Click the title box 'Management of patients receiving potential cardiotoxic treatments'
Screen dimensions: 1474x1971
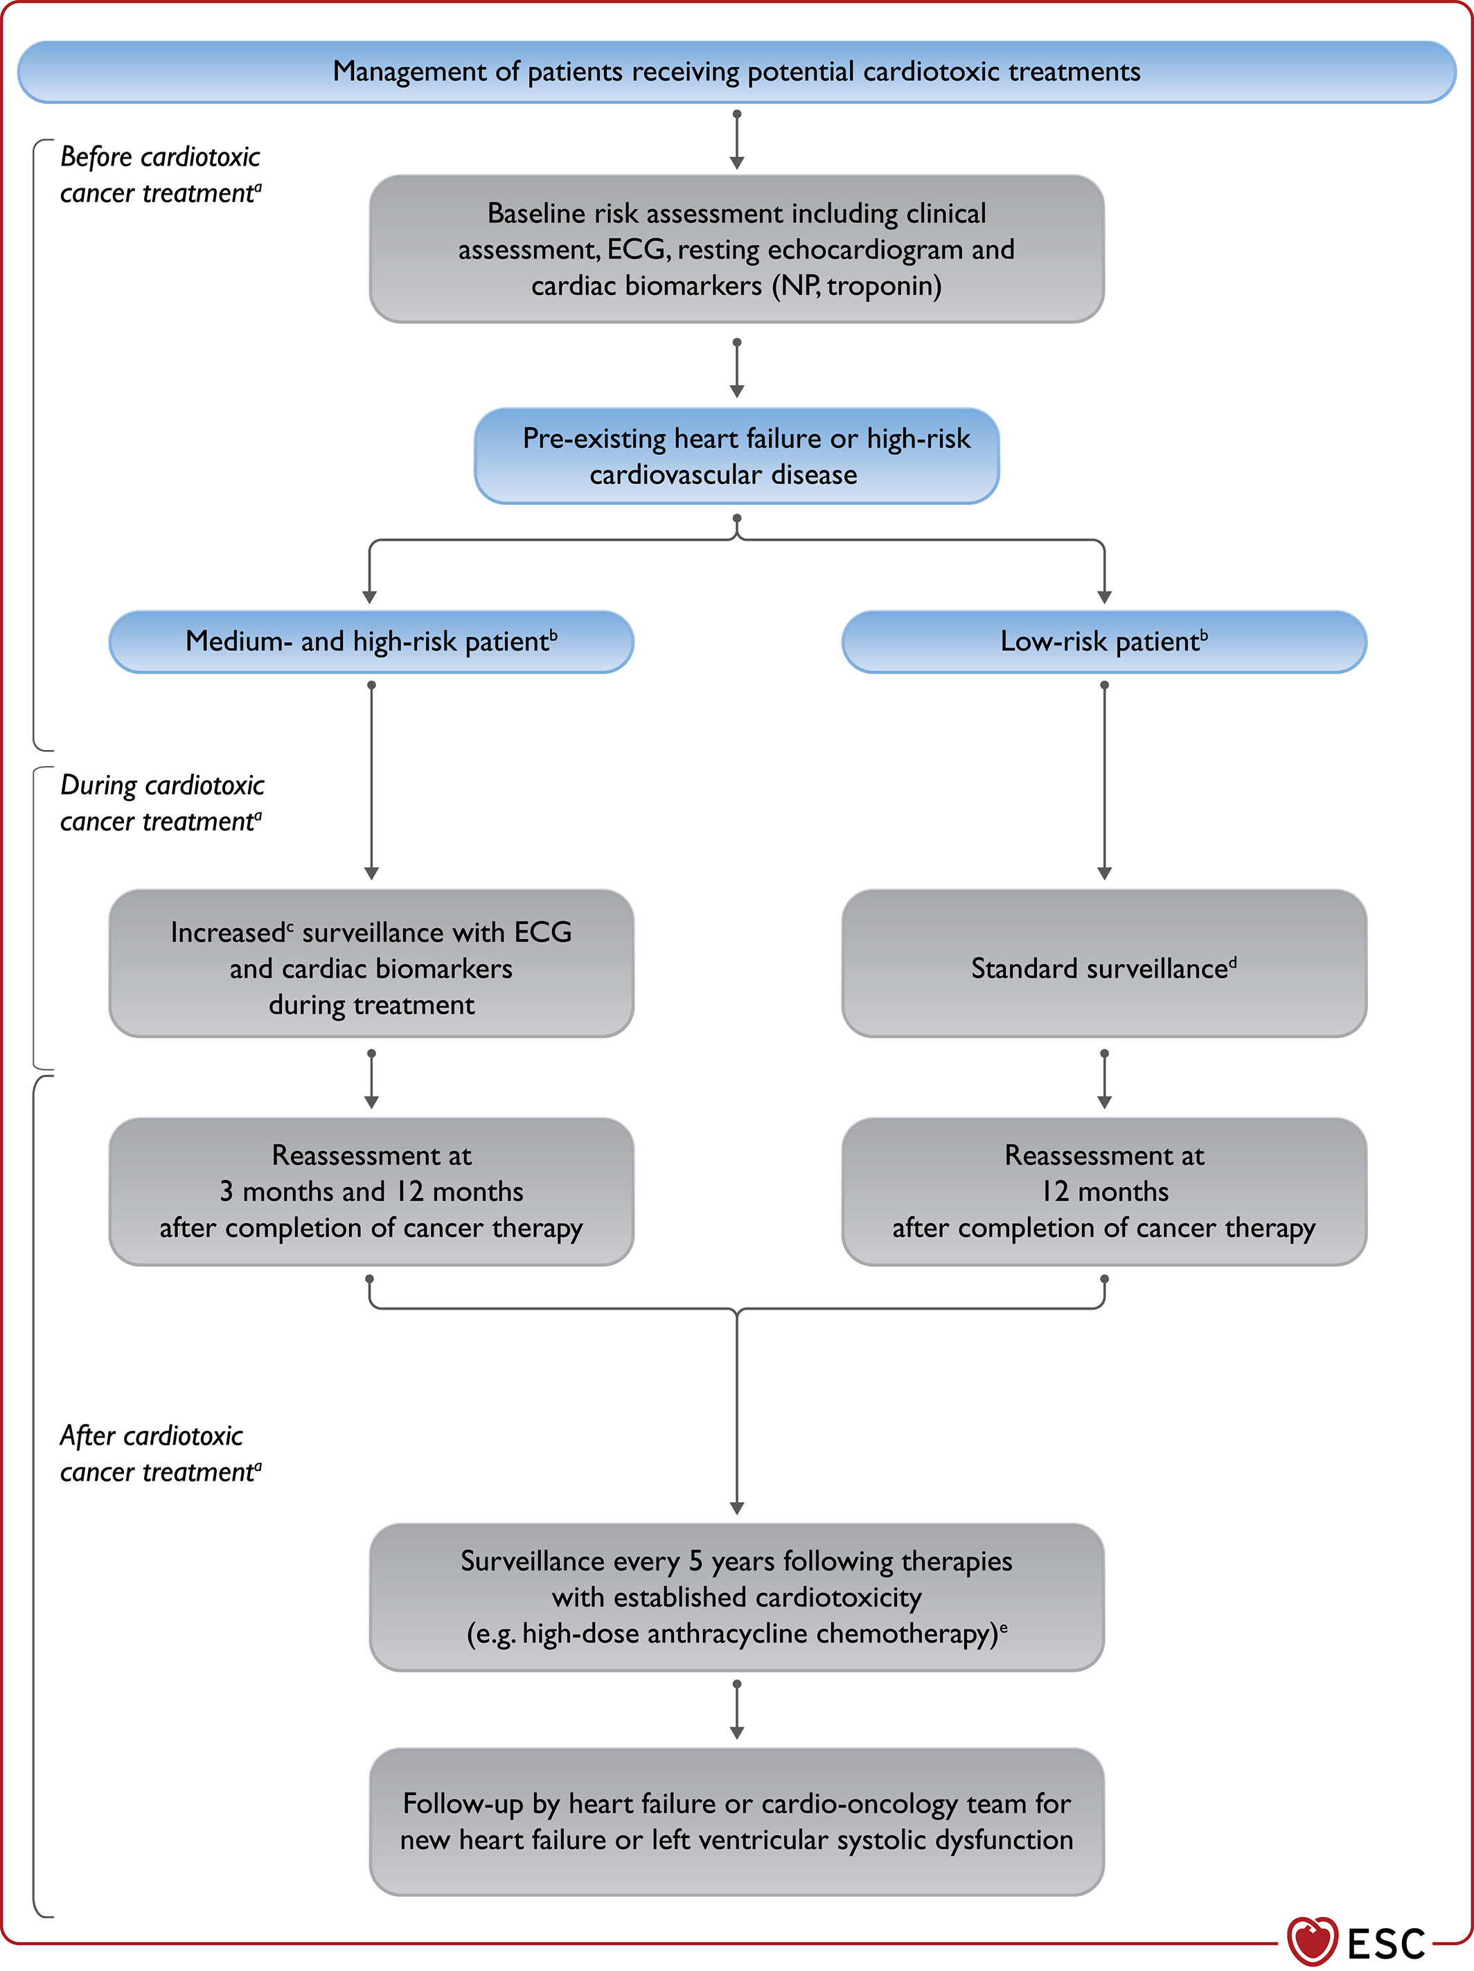(737, 72)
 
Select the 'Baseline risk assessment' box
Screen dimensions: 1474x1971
(737, 249)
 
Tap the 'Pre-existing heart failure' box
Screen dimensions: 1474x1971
(737, 456)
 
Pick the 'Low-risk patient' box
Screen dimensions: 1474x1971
(1104, 641)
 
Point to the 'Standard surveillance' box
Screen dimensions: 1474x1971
(1104, 963)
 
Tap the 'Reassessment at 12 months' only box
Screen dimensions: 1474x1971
(1104, 1191)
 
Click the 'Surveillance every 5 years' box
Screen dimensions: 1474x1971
(737, 1597)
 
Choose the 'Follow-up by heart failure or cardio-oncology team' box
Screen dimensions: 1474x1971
(737, 1821)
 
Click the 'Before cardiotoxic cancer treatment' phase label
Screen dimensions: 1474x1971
(161, 175)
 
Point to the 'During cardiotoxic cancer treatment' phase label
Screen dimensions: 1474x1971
(162, 803)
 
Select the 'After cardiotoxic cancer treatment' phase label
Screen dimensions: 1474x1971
(161, 1453)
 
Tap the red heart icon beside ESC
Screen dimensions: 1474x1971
(1312, 1941)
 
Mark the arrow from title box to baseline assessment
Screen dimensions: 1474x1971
(737, 140)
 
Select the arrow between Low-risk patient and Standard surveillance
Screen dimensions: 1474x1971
(1104, 781)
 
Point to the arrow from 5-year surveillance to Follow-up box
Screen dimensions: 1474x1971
(737, 1709)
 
